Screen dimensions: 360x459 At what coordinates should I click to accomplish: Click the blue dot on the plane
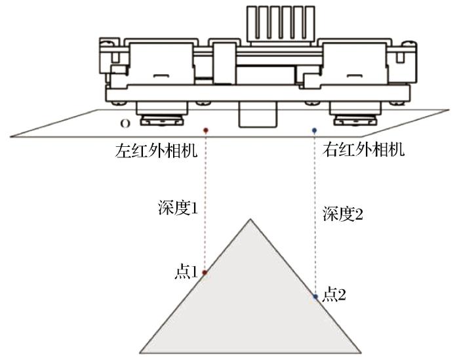pyautogui.click(x=315, y=130)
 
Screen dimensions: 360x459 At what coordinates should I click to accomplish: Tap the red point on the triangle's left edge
pyautogui.click(x=205, y=272)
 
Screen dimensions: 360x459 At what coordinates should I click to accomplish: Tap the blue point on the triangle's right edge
pyautogui.click(x=315, y=296)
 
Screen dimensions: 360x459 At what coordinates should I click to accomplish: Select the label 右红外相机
pyautogui.click(x=365, y=150)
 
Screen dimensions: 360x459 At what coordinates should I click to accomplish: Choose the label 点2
pyautogui.click(x=334, y=294)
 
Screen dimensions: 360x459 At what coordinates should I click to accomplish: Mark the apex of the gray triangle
pyautogui.click(x=249, y=219)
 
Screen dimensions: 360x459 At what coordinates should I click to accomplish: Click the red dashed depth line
pyautogui.click(x=205, y=197)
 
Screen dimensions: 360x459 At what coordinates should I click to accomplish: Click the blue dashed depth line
pyautogui.click(x=315, y=210)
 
